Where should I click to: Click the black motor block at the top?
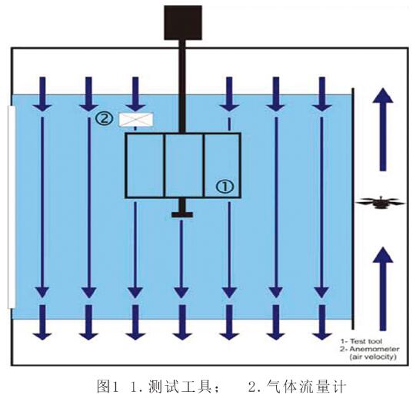click(x=182, y=23)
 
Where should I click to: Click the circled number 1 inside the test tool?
click(x=224, y=185)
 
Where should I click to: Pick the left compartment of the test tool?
click(x=145, y=164)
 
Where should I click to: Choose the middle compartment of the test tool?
click(x=184, y=164)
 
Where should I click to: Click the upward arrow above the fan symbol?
click(x=381, y=127)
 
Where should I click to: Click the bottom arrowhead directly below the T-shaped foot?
click(x=181, y=331)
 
